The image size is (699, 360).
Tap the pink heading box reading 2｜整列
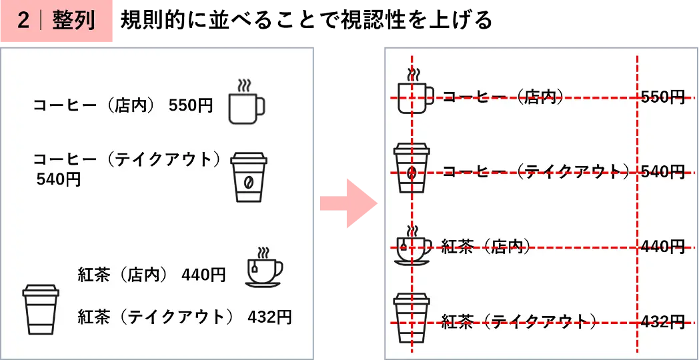[x=57, y=21]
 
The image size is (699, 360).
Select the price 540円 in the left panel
[x=59, y=179]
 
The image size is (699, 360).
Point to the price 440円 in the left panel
[x=203, y=275]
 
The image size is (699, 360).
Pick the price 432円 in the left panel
[x=269, y=317]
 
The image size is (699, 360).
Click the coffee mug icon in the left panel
[x=247, y=102]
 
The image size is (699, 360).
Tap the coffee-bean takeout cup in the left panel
[x=249, y=177]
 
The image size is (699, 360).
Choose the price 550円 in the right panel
[x=662, y=97]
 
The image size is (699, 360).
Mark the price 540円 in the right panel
[x=662, y=171]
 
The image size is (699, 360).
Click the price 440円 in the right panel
[x=662, y=246]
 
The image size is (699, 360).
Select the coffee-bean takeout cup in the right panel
[x=412, y=168]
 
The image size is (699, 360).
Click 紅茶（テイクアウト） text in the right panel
[x=519, y=321]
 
